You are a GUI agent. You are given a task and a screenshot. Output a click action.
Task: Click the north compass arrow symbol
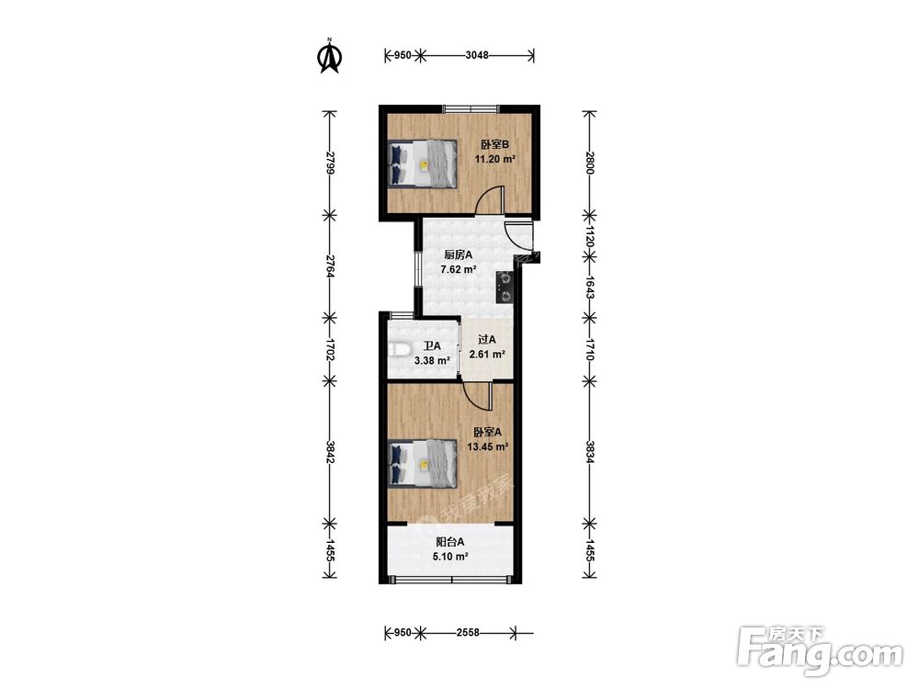pos(329,56)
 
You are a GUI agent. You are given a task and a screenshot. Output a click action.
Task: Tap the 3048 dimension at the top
pos(476,56)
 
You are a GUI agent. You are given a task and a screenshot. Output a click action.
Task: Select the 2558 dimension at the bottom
pos(468,633)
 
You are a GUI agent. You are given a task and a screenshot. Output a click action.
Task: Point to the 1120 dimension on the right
pos(590,236)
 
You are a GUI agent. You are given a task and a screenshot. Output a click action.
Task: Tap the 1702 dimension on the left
pos(331,349)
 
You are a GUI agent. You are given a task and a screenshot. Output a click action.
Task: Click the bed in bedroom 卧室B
pos(423,164)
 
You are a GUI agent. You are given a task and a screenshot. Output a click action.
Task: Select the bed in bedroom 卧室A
pos(423,463)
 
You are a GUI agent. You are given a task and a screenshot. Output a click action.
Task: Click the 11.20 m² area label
pos(494,159)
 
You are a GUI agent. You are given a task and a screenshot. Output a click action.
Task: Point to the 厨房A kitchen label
pos(458,254)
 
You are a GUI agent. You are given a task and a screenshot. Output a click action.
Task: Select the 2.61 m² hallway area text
pos(487,354)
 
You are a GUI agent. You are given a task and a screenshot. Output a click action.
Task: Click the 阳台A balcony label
pos(450,543)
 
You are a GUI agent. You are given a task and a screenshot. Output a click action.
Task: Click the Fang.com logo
pos(820,651)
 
